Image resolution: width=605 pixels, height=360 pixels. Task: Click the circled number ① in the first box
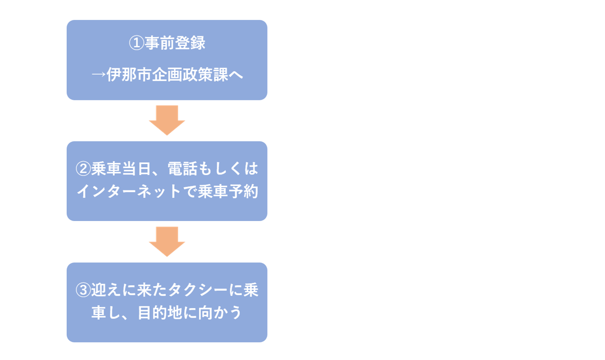[x=136, y=43]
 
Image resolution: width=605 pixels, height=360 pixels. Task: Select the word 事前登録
[x=174, y=43]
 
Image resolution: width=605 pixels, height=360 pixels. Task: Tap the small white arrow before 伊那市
[x=98, y=75]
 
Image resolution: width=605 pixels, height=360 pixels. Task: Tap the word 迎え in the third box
[x=105, y=290]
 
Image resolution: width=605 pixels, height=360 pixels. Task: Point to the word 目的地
[x=159, y=314]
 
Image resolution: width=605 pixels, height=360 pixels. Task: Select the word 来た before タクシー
[x=151, y=290]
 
